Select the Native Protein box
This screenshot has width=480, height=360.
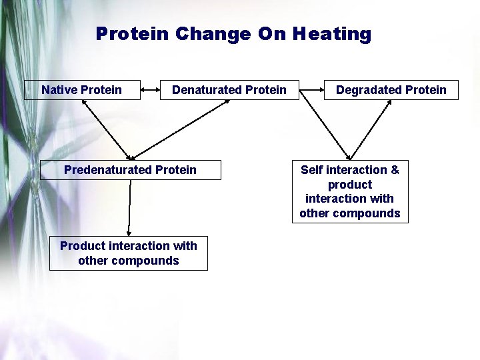tap(82, 90)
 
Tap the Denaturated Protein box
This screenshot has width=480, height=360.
tap(229, 90)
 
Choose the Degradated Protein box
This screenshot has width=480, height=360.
tap(391, 90)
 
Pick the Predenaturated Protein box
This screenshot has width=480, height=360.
tap(131, 170)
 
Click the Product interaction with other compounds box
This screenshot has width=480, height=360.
tap(129, 253)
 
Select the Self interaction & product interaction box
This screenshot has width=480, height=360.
tap(350, 191)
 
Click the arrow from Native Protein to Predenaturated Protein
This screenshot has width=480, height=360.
tap(107, 129)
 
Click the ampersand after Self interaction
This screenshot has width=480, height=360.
tap(395, 170)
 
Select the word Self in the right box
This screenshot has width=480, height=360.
tap(311, 170)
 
